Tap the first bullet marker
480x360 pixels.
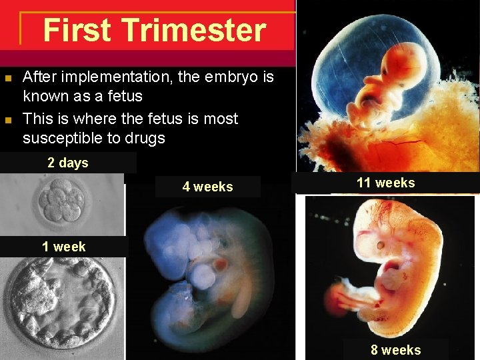pos(8,79)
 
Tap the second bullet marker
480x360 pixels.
pos(8,121)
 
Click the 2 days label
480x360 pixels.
pos(67,163)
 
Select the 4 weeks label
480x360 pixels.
pos(207,187)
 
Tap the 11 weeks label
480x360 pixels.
pos(385,183)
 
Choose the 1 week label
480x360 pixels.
pos(63,247)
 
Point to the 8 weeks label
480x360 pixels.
pos(396,350)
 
